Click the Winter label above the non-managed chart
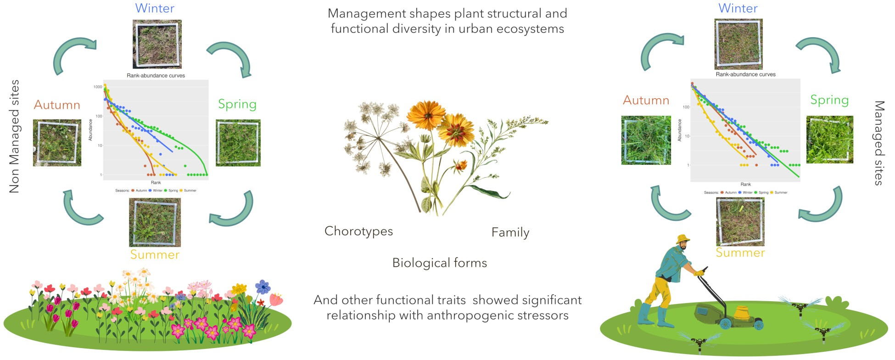tap(155, 8)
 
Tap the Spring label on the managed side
tap(829, 100)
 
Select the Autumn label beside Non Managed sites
tap(57, 105)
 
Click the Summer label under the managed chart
tap(740, 253)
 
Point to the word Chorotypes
tap(358, 231)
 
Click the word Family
tap(510, 232)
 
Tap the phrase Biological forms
tap(439, 263)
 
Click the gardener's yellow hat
tap(683, 238)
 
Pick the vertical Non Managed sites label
tap(15, 136)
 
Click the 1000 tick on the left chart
tap(97, 87)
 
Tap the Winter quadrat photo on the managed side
tap(738, 44)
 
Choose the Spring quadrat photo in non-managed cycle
tap(238, 143)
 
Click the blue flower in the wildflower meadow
tap(263, 287)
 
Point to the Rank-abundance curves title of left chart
tap(156, 76)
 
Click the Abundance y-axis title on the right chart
tap(680, 130)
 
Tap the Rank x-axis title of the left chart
tap(156, 182)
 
